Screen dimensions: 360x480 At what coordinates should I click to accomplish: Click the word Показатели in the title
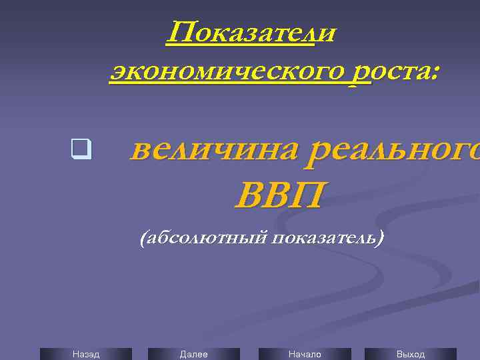coord(251,32)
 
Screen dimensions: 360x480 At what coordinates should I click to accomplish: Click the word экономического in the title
coord(237,70)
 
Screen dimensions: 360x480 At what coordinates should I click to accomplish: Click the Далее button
coord(193,354)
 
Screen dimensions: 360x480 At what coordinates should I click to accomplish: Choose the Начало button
coord(304,354)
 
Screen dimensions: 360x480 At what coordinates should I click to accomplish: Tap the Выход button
coord(410,354)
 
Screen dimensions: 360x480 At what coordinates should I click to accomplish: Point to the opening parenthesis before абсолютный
coord(143,238)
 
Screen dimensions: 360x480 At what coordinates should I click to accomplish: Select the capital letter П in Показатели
coord(179,32)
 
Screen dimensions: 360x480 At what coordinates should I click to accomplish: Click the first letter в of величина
coord(139,152)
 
